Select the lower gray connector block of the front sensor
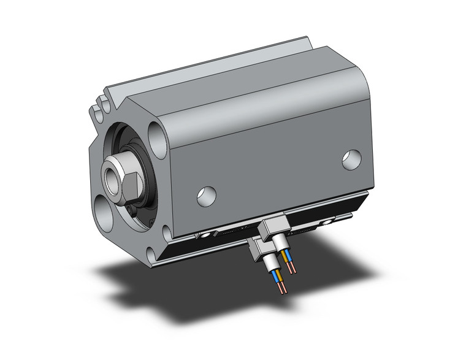tap(258, 249)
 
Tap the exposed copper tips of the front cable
tap(281, 294)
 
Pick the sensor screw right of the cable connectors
tap(329, 220)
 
